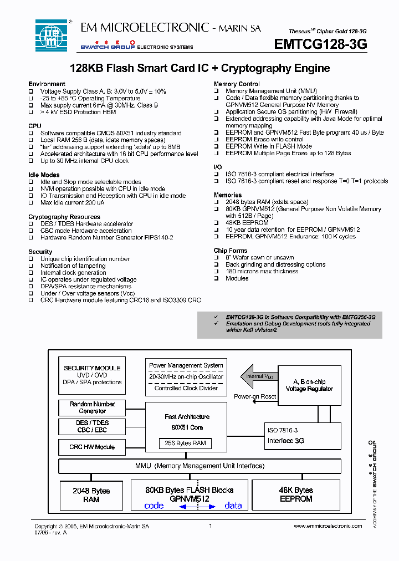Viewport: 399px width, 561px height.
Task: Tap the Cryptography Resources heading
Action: coord(64,217)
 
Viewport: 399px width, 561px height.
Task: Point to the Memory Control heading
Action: coord(237,84)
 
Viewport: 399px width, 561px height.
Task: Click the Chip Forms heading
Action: coord(231,251)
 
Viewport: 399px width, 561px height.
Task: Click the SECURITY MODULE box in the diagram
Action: coord(92,375)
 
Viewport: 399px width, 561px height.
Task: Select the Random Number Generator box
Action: coord(92,407)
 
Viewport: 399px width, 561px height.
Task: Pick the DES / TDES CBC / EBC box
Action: coord(92,427)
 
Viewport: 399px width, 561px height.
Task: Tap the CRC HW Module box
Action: coord(92,447)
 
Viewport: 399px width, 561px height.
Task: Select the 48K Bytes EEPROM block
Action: coord(296,494)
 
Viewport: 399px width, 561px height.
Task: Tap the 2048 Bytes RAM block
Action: coord(91,495)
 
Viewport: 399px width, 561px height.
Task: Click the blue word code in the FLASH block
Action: coord(154,506)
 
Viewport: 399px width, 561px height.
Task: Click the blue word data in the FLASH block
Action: coord(233,506)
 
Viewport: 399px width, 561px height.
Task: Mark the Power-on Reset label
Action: coord(255,397)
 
